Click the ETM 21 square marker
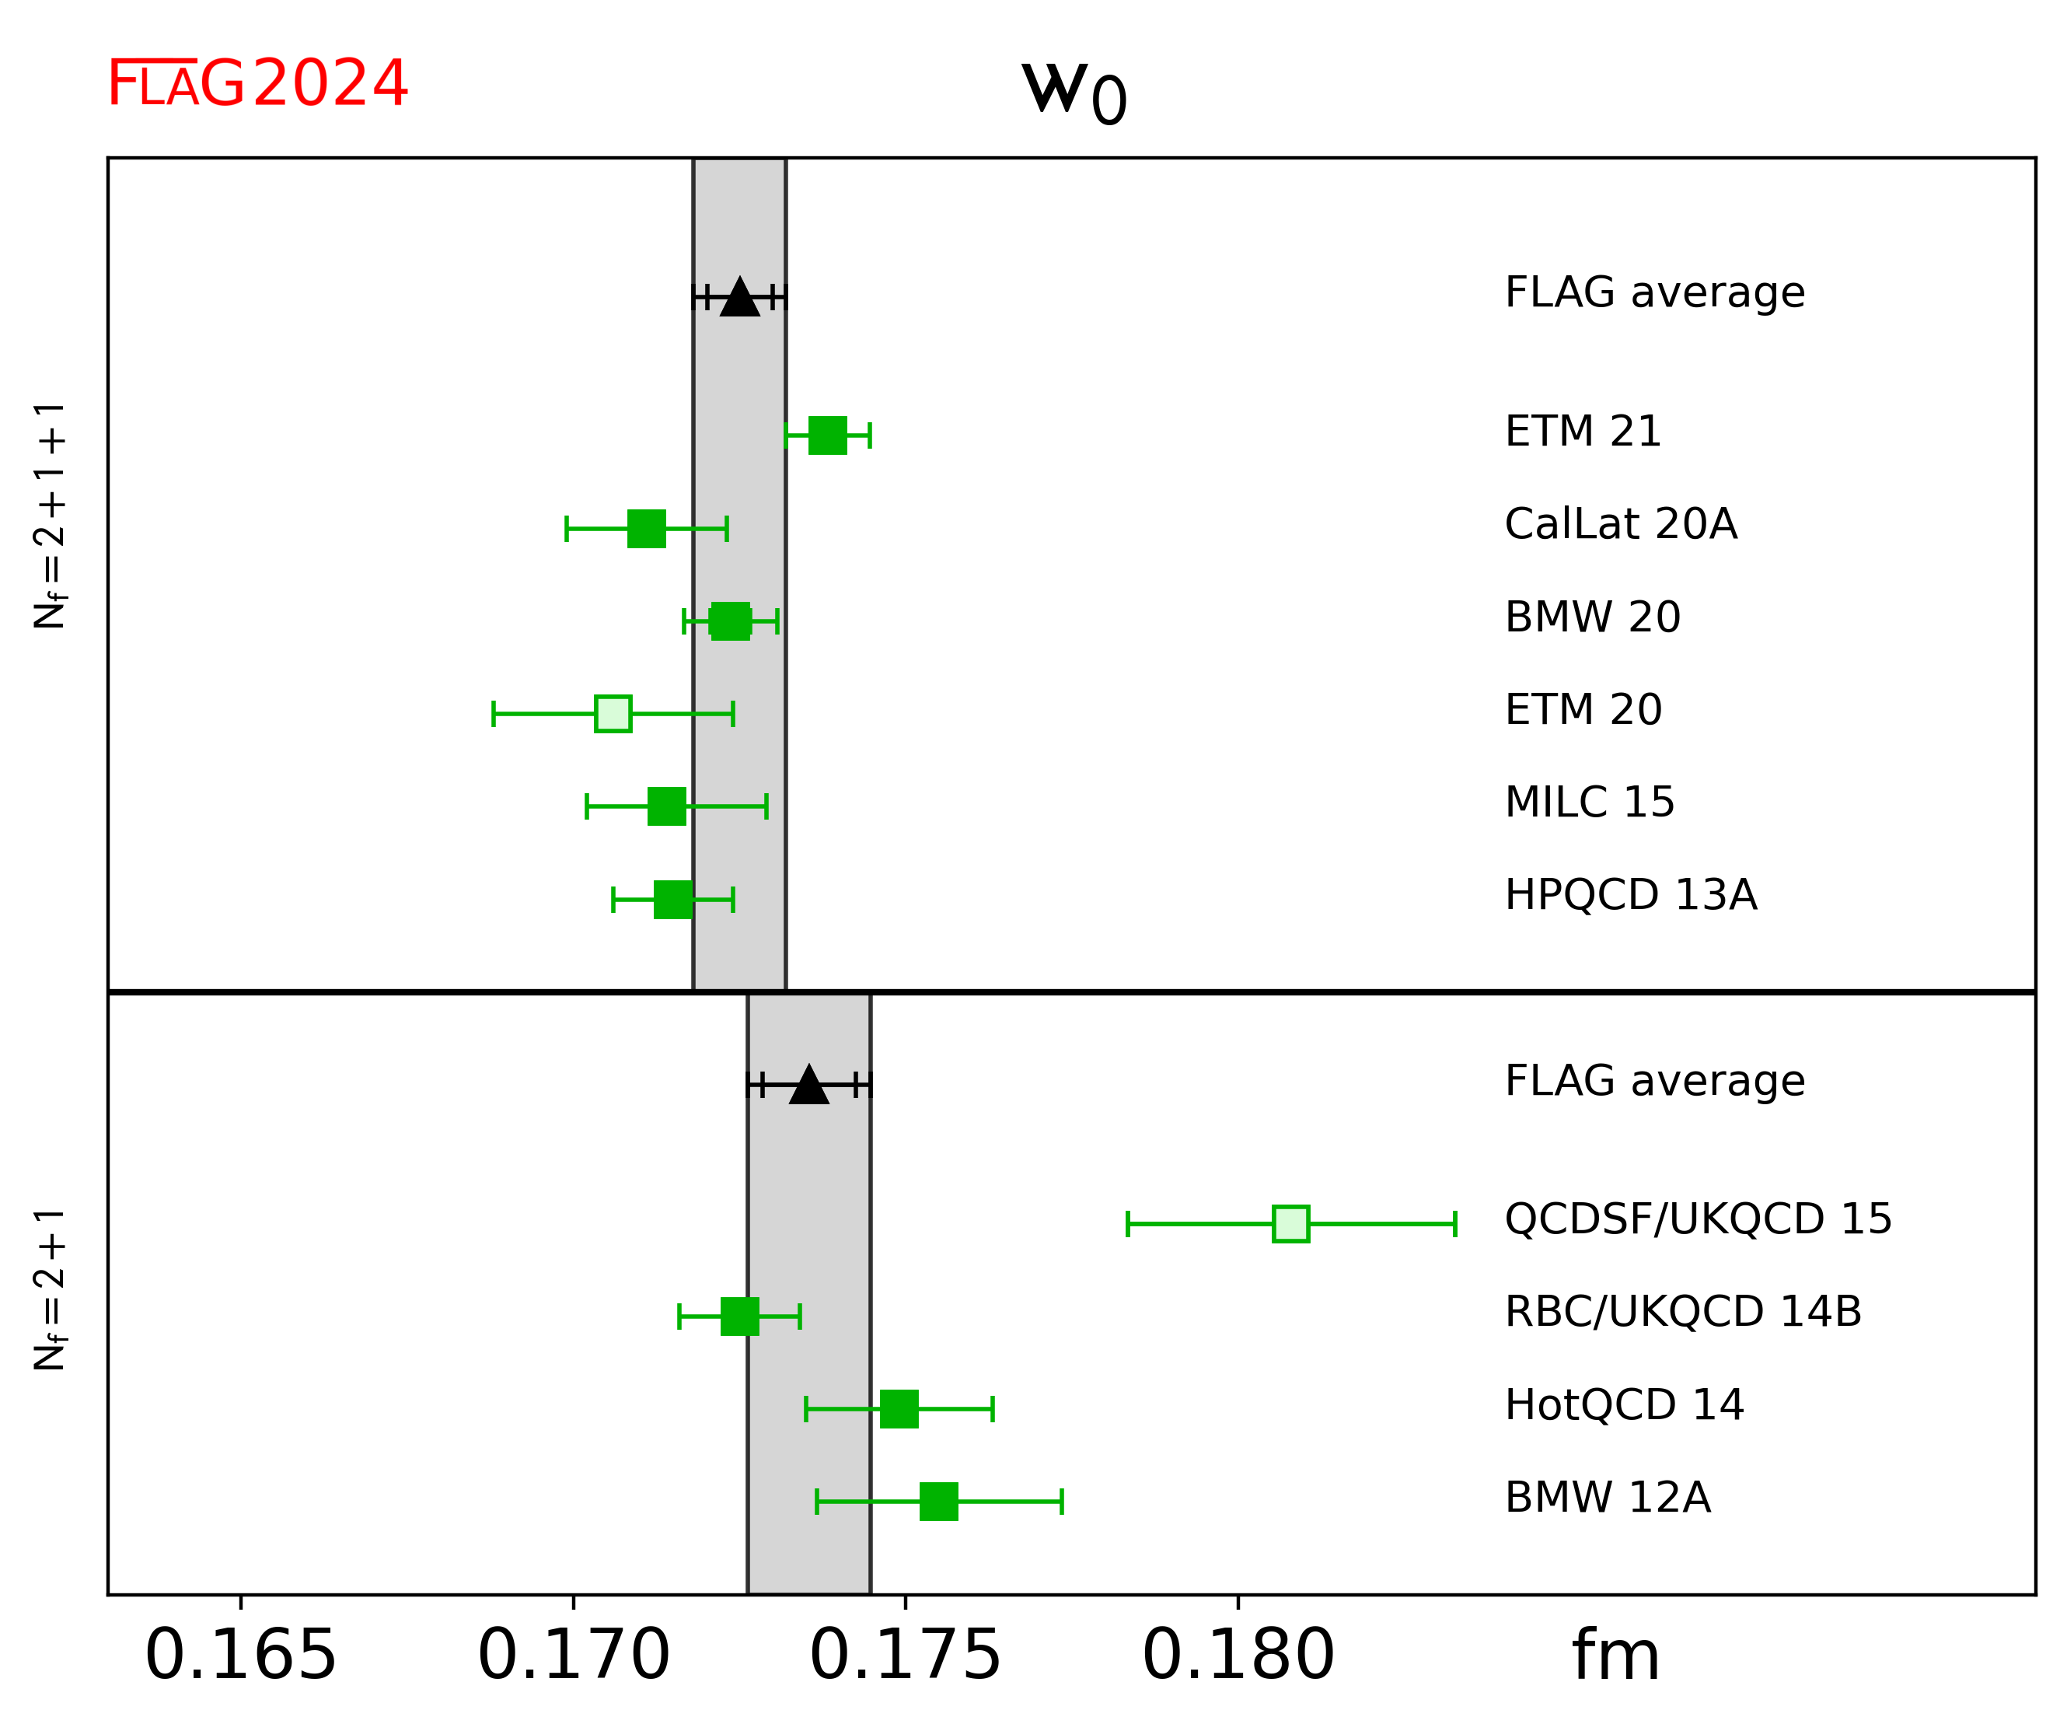[827, 435]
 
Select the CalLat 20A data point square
[647, 529]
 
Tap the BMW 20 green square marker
[731, 621]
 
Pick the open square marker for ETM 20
[613, 714]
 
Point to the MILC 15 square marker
[666, 806]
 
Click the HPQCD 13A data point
[673, 899]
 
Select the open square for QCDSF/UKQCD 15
[1290, 1224]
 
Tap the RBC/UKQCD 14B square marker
[740, 1317]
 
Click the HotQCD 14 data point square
[899, 1409]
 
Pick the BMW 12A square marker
[939, 1502]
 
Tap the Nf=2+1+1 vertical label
[49, 514]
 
